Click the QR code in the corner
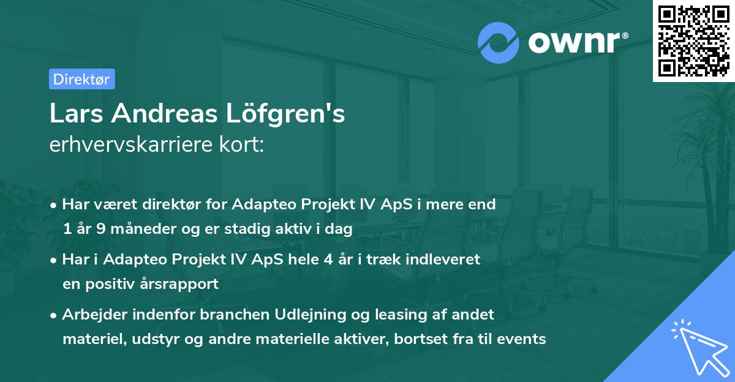694,40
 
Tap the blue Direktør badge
81,79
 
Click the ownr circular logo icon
499,42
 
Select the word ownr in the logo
572,42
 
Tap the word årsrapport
186,285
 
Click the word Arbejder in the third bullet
92,315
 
